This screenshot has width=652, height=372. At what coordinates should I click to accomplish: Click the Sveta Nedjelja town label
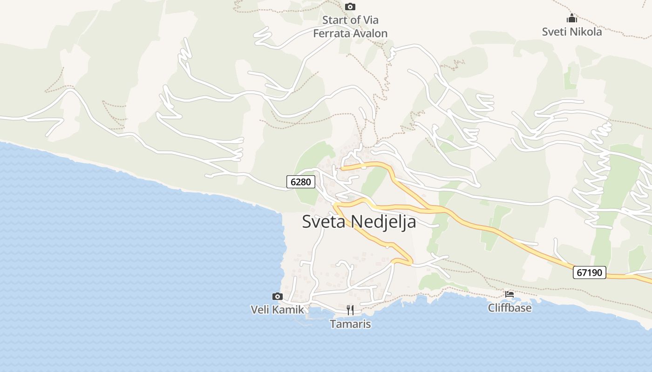[359, 221]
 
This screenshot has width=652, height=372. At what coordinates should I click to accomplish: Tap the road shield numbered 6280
[300, 182]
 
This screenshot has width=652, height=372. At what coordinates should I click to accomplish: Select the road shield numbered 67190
[589, 272]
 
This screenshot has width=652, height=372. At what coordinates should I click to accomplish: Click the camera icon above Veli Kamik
[277, 296]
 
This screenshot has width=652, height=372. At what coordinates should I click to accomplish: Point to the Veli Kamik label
[277, 309]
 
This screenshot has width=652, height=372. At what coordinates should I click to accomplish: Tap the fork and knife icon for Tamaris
[350, 310]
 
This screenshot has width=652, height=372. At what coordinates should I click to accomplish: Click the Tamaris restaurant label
[350, 324]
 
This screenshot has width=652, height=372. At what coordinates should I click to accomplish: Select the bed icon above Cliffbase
[509, 294]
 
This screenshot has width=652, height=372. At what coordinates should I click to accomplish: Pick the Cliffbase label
[509, 307]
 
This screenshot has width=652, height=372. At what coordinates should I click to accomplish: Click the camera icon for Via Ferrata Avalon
[350, 7]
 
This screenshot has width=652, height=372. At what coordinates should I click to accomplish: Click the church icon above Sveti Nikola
[571, 19]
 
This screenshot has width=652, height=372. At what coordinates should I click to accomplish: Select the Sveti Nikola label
[571, 32]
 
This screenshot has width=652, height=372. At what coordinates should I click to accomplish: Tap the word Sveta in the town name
[324, 221]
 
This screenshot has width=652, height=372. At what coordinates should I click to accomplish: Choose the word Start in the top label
[335, 20]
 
